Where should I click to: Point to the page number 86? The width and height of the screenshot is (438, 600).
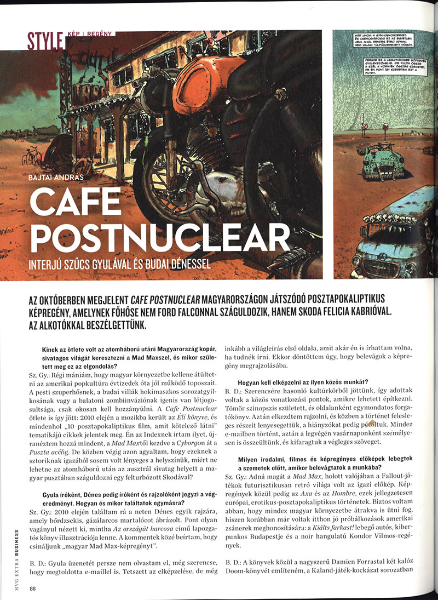pyautogui.click(x=33, y=588)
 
